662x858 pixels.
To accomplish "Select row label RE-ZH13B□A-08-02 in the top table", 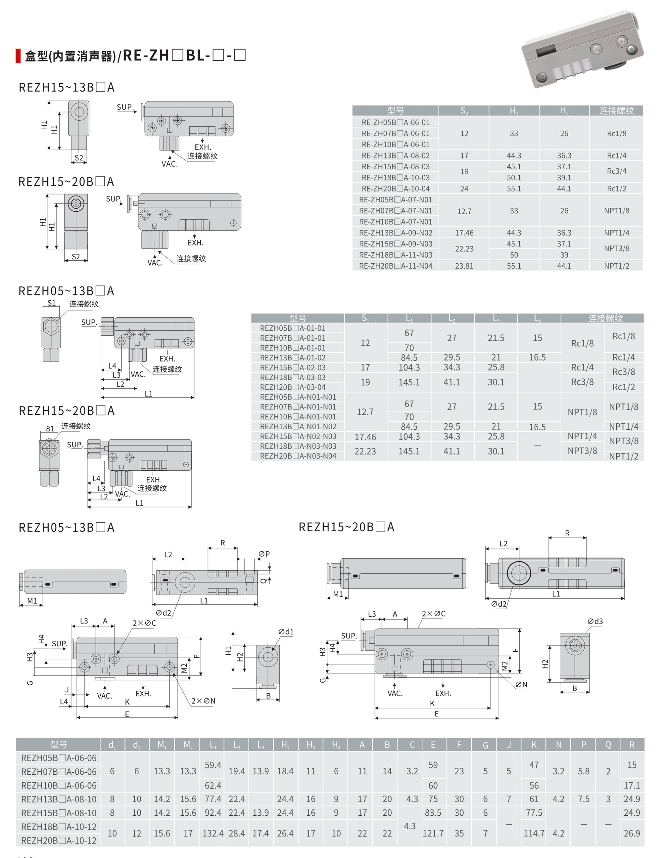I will (396, 155).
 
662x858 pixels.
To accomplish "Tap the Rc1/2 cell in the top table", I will (616, 189).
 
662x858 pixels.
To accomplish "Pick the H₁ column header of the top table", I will (514, 111).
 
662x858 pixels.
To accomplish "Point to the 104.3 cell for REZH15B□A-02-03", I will (409, 367).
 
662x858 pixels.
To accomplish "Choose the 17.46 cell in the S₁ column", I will (365, 437).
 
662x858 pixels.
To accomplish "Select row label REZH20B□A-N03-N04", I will (298, 456).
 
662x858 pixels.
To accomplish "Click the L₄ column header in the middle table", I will (537, 318).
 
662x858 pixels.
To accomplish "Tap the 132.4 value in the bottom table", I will (213, 833).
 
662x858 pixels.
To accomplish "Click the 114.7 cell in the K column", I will (534, 833).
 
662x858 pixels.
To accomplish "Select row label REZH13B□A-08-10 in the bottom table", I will (59, 799).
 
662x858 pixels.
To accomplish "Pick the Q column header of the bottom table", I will (608, 745).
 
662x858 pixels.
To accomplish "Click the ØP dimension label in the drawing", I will (264, 554).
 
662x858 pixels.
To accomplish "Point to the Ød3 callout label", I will (595, 621).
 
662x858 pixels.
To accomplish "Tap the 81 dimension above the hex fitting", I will (50, 429).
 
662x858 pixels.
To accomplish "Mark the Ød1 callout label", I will (286, 632).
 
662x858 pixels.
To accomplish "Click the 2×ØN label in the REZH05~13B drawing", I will (203, 701).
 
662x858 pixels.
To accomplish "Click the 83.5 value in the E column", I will (433, 812).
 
